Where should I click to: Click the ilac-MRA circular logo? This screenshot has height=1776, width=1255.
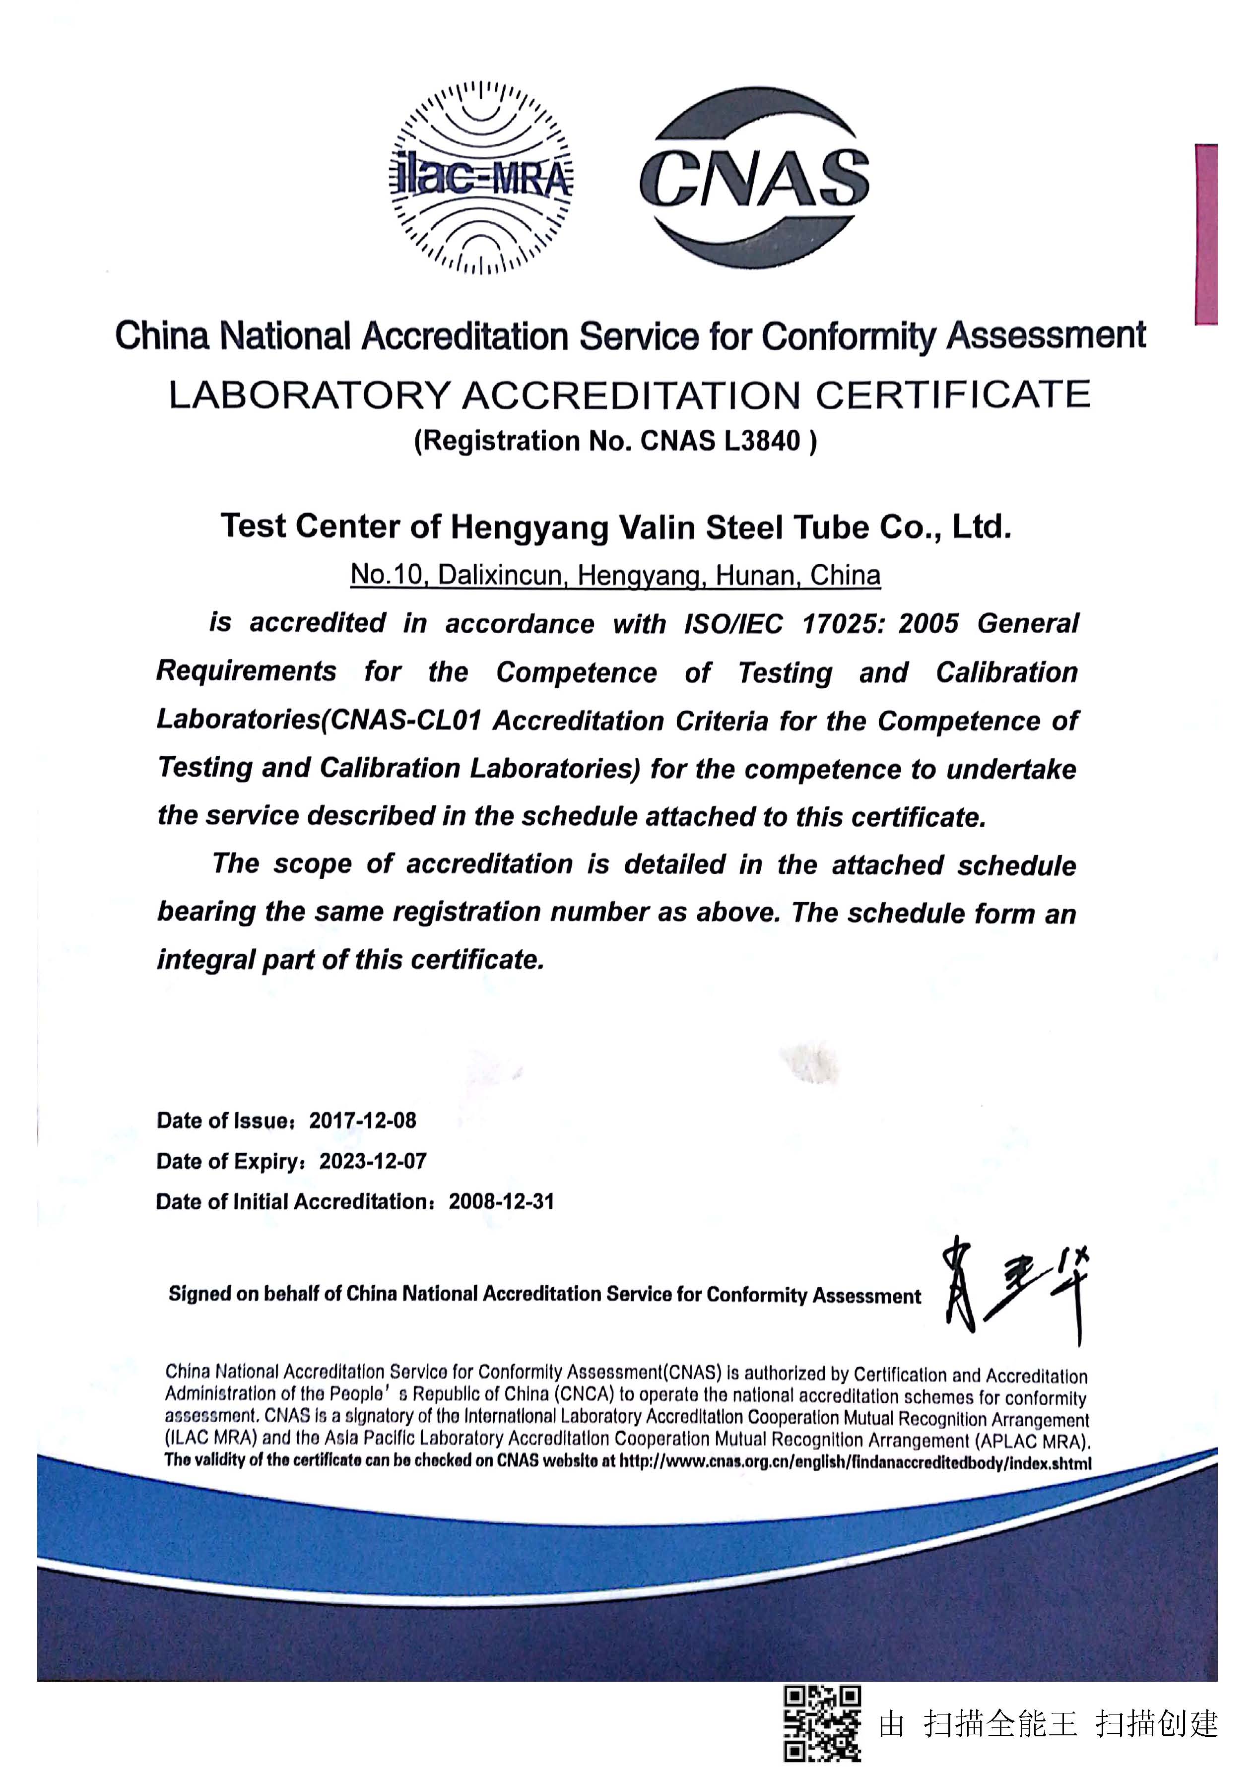click(480, 178)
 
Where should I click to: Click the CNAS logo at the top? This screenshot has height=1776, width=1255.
click(754, 178)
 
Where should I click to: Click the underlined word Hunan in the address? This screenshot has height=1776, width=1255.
click(758, 576)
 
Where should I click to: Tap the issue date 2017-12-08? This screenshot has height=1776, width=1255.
click(363, 1121)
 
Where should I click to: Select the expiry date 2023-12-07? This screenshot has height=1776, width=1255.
click(373, 1161)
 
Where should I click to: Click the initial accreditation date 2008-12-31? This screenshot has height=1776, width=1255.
click(501, 1201)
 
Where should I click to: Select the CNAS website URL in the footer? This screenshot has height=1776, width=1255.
click(855, 1463)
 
